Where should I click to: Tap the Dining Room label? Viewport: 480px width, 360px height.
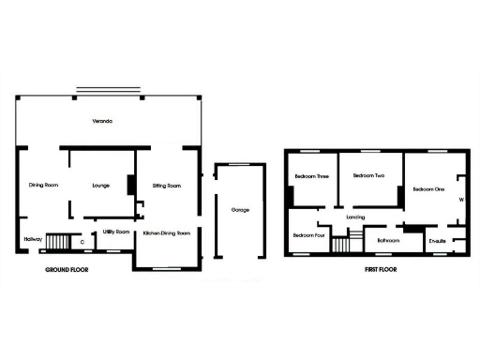pos(43,185)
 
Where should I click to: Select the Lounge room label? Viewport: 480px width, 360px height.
pos(100,186)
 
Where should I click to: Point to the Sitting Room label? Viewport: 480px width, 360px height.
pos(166,186)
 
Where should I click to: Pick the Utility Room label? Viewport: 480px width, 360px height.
pos(115,230)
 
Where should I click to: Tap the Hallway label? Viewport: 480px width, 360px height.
pos(33,238)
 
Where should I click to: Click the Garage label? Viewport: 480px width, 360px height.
pos(241,210)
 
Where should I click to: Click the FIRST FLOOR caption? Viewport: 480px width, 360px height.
pos(381,269)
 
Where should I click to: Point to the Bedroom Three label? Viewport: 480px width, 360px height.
pos(311,176)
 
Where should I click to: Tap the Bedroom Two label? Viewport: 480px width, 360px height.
pos(368,175)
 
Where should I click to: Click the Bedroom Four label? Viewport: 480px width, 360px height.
pos(308,235)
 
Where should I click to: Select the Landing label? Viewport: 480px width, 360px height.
pos(355,217)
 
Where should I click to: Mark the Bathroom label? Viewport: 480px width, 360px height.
pos(388,240)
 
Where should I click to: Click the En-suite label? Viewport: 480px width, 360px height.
pos(437,241)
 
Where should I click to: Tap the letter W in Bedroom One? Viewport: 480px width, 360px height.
pos(460,199)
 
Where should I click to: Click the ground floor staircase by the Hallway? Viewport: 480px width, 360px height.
pos(58,243)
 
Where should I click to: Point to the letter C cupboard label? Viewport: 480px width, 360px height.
pos(82,242)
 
